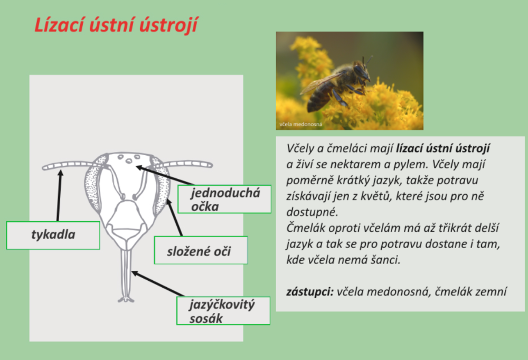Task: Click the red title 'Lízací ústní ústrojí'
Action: click(116, 25)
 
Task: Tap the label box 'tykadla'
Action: click(53, 235)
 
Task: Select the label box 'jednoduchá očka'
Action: click(224, 199)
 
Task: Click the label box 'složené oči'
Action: click(200, 250)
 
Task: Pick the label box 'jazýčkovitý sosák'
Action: click(222, 310)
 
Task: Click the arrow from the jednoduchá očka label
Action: click(158, 175)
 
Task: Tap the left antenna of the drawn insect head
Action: click(69, 165)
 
